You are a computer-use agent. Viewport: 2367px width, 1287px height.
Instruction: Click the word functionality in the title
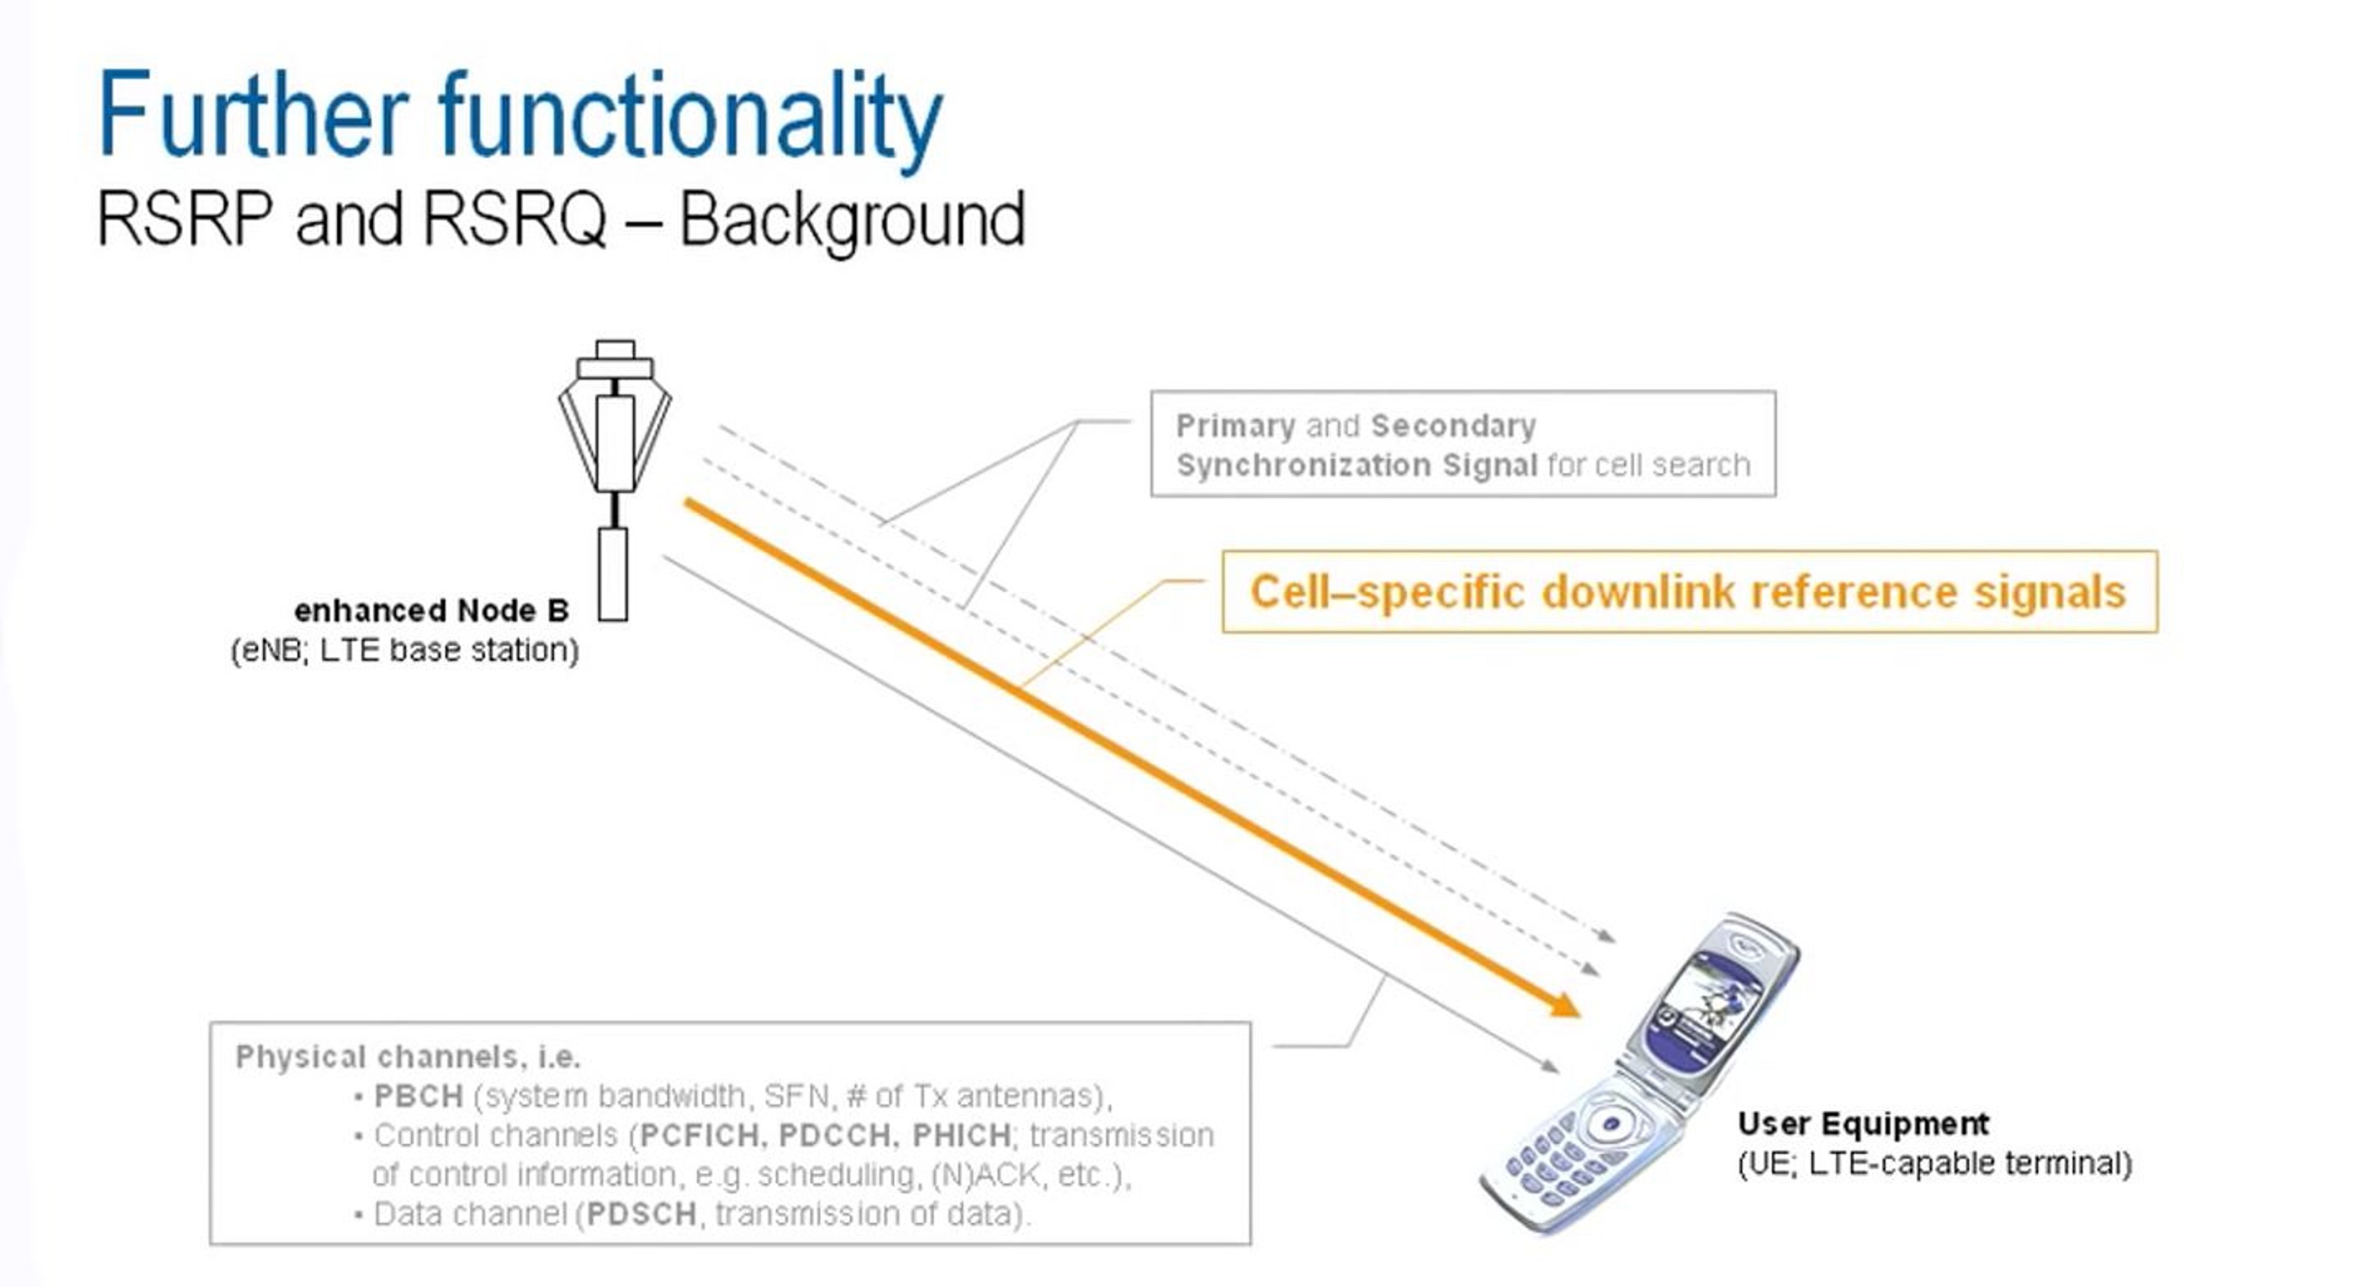(x=690, y=119)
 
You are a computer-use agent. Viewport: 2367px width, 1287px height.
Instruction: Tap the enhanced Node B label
(x=431, y=611)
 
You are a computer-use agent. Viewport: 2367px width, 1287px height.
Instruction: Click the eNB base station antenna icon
(x=615, y=441)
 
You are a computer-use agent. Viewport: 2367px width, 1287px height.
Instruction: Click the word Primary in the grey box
(x=1235, y=427)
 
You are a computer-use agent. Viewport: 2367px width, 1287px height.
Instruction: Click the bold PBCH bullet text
(x=418, y=1097)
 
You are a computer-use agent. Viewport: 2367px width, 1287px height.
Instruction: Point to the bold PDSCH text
(x=641, y=1215)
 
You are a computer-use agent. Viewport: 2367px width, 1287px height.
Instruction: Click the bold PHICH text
(x=961, y=1137)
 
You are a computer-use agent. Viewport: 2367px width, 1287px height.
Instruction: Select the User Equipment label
(x=1862, y=1123)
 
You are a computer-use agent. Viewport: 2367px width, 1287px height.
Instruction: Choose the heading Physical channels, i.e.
(x=408, y=1058)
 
